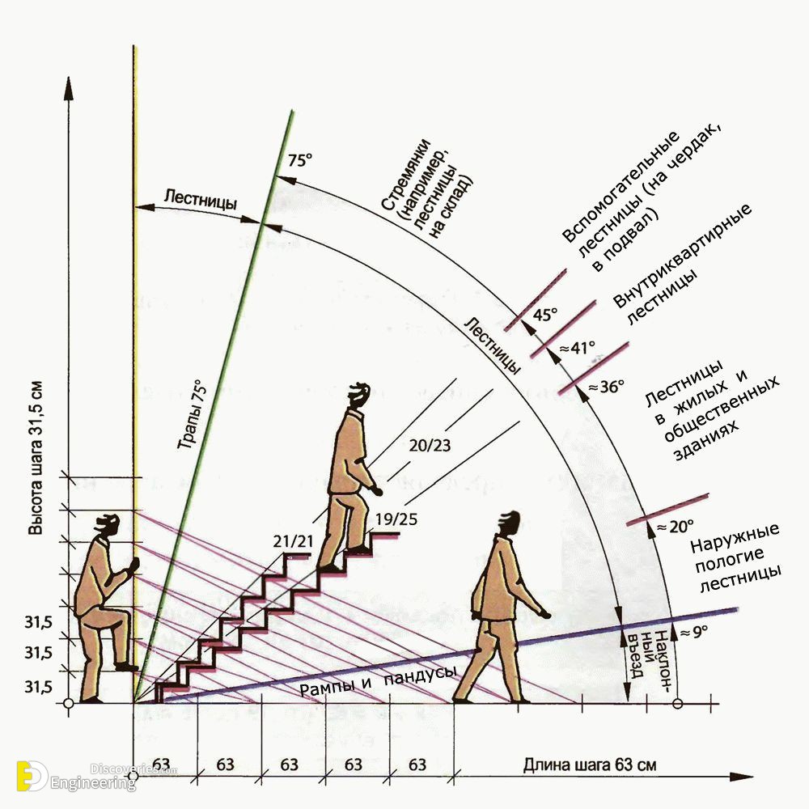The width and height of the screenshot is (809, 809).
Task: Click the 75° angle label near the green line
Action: (300, 160)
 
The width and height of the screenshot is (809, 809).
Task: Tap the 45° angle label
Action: (545, 314)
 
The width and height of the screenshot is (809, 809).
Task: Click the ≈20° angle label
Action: (675, 527)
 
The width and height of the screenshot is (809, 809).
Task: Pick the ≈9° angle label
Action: (694, 632)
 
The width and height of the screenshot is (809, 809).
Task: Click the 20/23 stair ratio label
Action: (430, 445)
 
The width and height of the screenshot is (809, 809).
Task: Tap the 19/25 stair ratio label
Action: (396, 519)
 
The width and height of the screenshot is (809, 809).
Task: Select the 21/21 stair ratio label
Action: (293, 541)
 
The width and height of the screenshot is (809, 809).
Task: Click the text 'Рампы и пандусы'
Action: (378, 681)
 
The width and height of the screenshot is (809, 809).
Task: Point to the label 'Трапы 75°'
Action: (192, 413)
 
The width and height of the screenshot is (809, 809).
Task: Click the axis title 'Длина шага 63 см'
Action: (590, 765)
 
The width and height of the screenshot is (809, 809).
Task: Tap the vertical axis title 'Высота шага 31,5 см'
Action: (35, 458)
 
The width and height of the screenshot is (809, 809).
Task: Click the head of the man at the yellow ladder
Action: (108, 527)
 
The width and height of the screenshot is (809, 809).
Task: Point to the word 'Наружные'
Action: (735, 538)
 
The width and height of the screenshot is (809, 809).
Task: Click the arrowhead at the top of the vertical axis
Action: (68, 87)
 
